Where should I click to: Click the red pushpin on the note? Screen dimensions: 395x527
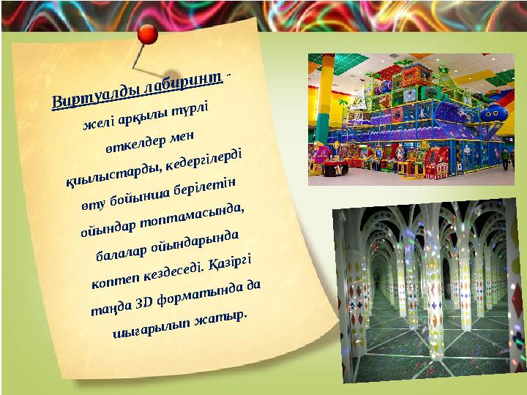coord(149,32)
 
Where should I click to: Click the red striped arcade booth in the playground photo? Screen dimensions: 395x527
coord(439,158)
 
